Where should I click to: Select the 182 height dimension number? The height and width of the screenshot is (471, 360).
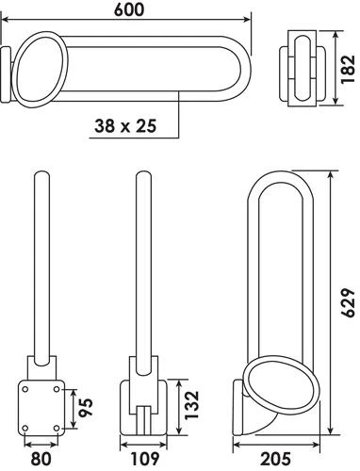tap(349, 67)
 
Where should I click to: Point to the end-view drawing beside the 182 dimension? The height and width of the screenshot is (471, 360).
tap(303, 66)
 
